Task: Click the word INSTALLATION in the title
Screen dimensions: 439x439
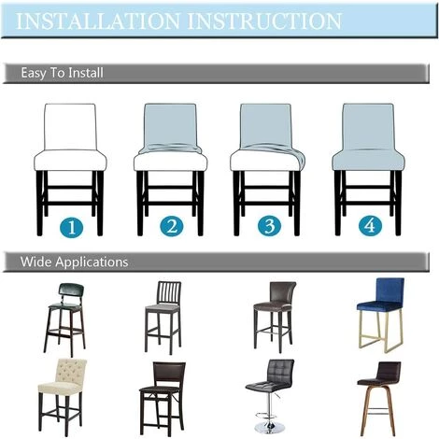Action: [x=98, y=21]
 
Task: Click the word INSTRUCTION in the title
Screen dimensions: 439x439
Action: [x=264, y=21]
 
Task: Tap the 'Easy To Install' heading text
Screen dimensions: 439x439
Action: [x=62, y=73]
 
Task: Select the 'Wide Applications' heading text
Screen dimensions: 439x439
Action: [x=74, y=262]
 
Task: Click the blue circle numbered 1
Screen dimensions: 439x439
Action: [x=72, y=226]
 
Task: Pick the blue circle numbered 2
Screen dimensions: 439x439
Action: [x=172, y=226]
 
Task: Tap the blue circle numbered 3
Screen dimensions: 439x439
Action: [x=270, y=226]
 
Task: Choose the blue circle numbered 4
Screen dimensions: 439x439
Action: [x=370, y=225]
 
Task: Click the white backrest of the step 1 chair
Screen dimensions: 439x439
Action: [x=70, y=127]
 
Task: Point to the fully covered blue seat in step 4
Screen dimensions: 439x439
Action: [x=368, y=160]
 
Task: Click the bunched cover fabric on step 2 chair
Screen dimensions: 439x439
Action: [x=170, y=149]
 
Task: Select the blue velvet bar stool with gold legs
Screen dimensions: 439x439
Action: [x=380, y=315]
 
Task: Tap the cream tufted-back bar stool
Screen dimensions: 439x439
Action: [x=62, y=397]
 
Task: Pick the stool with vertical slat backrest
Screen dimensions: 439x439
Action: [x=163, y=318]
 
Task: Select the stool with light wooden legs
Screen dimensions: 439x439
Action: [x=379, y=399]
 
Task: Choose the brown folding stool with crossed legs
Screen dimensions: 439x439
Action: [x=163, y=399]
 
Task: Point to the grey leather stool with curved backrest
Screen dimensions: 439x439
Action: [x=274, y=317]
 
